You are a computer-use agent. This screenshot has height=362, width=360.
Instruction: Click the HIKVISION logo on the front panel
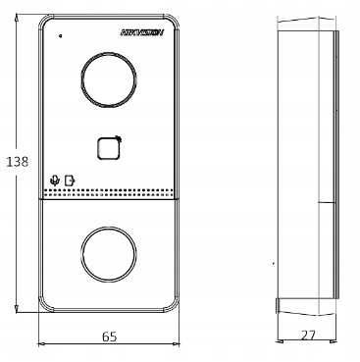tap(142, 32)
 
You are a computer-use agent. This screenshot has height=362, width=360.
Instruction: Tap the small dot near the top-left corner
tap(60, 35)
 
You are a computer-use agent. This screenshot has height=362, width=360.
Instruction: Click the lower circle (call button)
tap(108, 253)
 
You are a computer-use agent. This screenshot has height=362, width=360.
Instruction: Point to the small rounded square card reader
tap(109, 148)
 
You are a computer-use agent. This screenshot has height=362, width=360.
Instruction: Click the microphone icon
tap(55, 180)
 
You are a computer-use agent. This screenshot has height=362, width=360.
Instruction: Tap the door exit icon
tap(70, 181)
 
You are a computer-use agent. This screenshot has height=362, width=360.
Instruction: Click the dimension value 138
tap(18, 162)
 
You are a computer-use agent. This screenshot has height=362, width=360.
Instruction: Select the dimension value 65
tap(109, 336)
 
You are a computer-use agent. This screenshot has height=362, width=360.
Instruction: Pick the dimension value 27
tap(308, 336)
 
